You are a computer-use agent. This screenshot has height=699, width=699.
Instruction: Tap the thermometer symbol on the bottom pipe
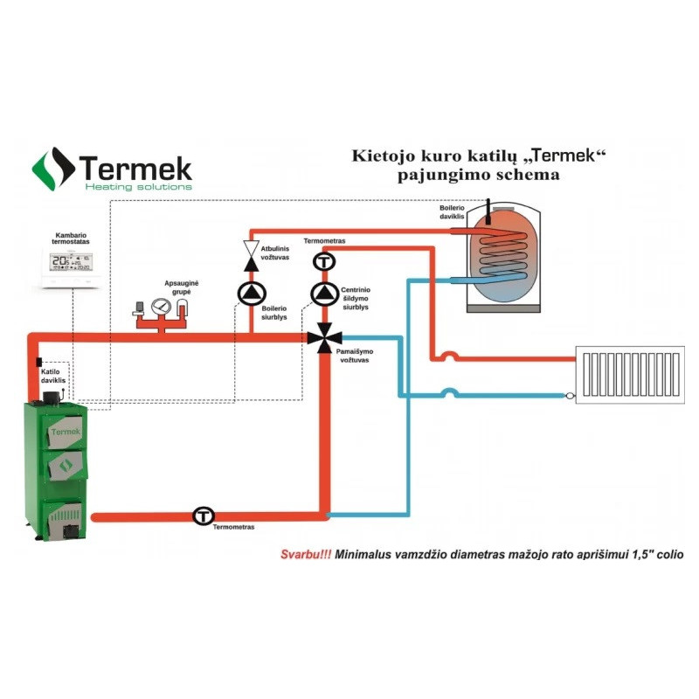pyautogui.click(x=204, y=516)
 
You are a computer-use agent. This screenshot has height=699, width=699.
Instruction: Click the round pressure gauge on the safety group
pyautogui.click(x=161, y=308)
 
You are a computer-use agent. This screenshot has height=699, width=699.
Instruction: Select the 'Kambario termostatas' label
pyautogui.click(x=73, y=240)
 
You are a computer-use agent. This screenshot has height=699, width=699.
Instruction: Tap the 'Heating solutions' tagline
pyautogui.click(x=137, y=186)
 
